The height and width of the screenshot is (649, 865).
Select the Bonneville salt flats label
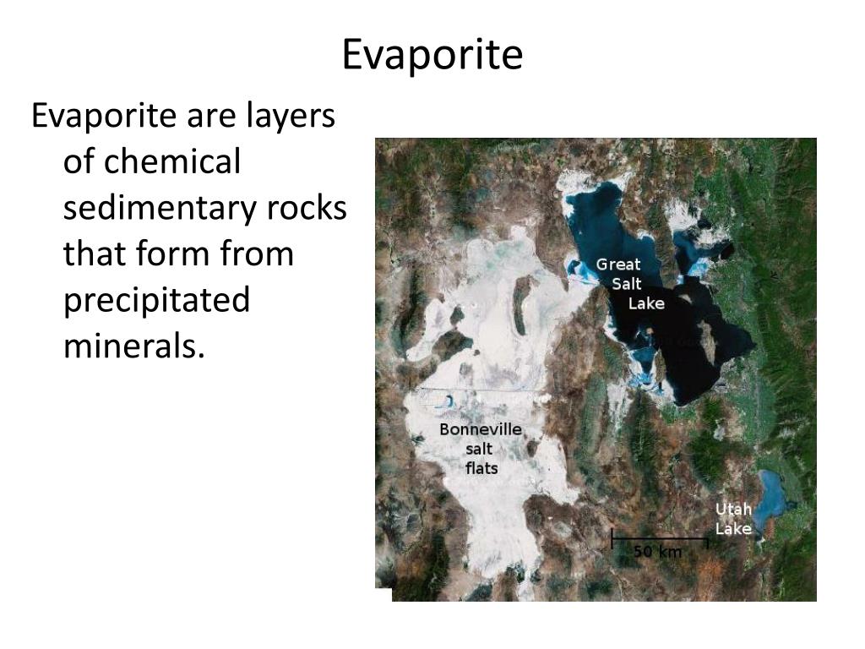pyautogui.click(x=481, y=449)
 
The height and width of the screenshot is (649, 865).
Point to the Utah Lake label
pyautogui.click(x=733, y=519)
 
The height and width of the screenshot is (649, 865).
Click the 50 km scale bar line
pyautogui.click(x=659, y=537)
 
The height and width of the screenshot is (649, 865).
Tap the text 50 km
pyautogui.click(x=657, y=552)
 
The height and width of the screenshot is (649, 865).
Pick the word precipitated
pyautogui.click(x=157, y=300)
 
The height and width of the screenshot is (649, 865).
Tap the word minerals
pyautogui.click(x=134, y=346)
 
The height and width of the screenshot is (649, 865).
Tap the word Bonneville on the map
pyautogui.click(x=481, y=429)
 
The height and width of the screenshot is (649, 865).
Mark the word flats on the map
pyautogui.click(x=481, y=468)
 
